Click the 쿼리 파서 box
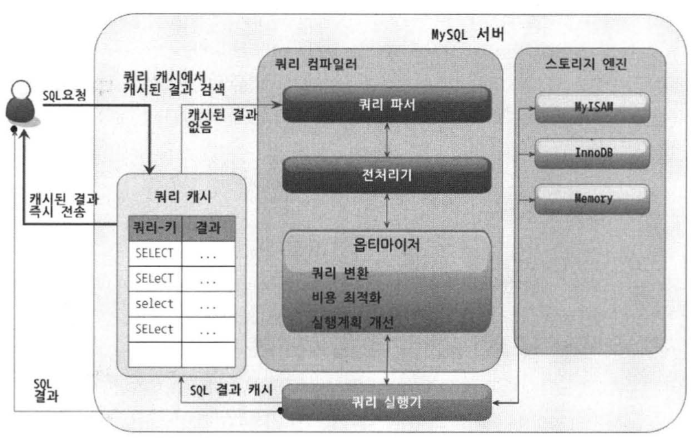click(387, 104)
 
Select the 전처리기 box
click(387, 175)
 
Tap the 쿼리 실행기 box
click(387, 402)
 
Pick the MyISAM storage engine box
click(592, 108)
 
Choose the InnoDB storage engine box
click(592, 153)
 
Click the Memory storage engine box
click(592, 199)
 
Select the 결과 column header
click(208, 229)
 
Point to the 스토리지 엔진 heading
click(589, 65)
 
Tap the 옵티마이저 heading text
click(387, 247)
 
